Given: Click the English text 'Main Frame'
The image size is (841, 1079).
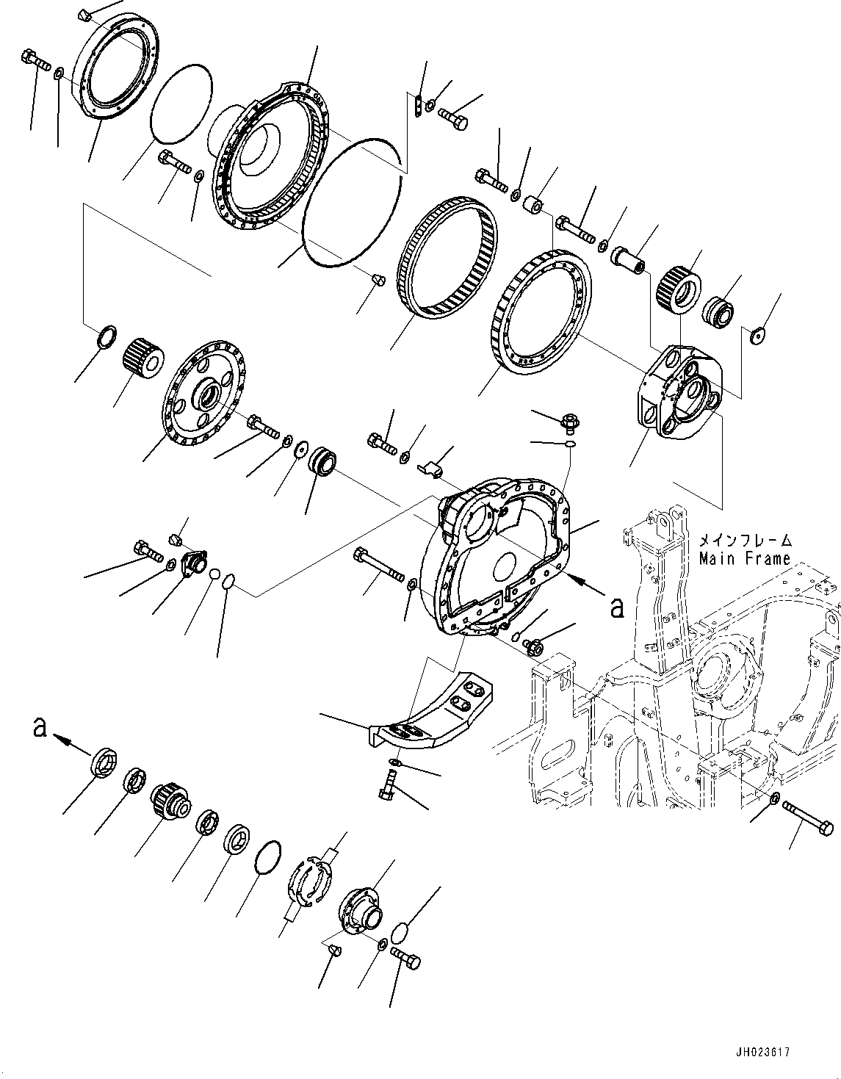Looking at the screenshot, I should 744,559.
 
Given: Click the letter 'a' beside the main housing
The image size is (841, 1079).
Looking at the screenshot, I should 617,607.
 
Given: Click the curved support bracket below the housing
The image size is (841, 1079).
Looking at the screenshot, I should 433,711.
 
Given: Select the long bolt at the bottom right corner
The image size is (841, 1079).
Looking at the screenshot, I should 808,818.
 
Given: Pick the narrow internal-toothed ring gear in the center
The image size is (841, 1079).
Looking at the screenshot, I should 447,257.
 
